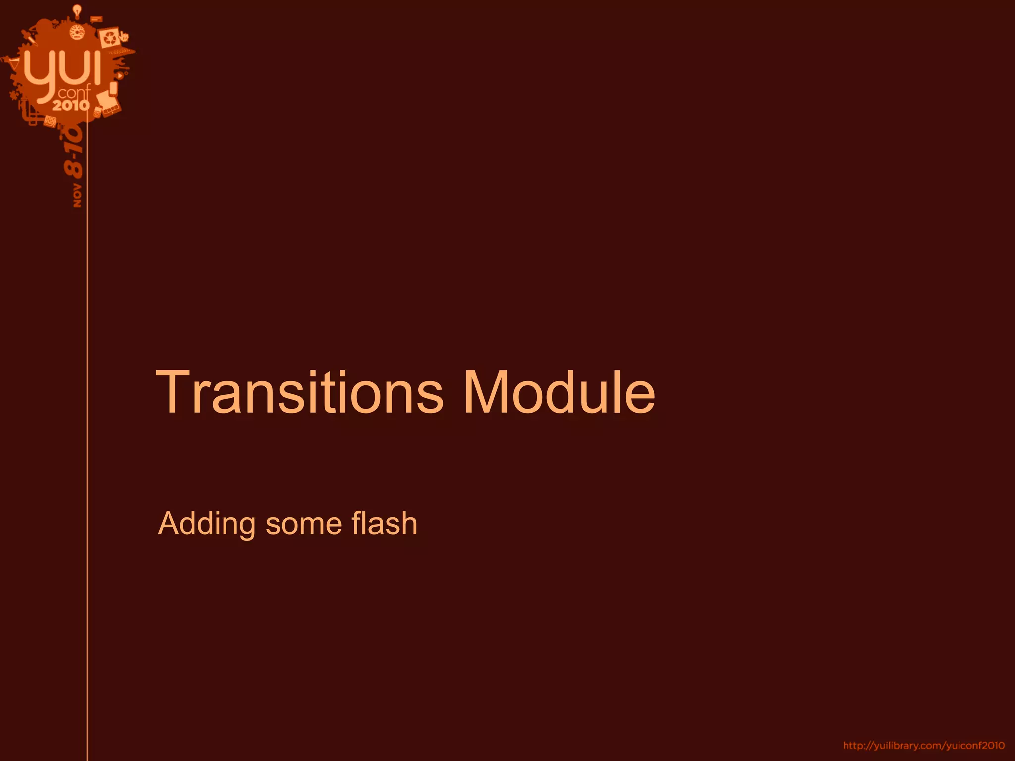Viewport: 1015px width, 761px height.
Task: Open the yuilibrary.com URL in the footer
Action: [924, 746]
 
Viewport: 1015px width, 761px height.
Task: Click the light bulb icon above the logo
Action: [77, 10]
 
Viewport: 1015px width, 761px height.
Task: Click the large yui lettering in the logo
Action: [62, 69]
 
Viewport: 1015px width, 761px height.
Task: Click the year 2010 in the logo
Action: [71, 105]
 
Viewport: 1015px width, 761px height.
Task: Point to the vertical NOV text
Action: [77, 195]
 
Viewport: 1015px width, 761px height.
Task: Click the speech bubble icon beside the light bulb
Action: [97, 19]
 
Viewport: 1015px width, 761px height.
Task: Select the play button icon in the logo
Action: [120, 76]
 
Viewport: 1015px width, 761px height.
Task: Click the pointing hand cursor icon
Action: [124, 36]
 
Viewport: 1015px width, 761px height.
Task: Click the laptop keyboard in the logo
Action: [121, 51]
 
